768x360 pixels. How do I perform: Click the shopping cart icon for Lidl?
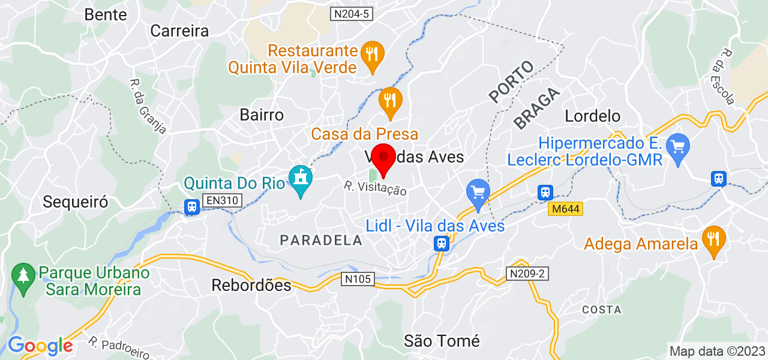(x=478, y=193)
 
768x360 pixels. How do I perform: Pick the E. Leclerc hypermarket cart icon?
(x=678, y=145)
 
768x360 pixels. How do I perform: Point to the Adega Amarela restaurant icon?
(x=713, y=238)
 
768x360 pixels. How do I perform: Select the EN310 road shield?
(x=221, y=201)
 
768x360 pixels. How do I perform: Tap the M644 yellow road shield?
(x=565, y=209)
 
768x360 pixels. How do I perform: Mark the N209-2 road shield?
(x=526, y=274)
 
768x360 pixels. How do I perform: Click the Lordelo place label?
(x=593, y=115)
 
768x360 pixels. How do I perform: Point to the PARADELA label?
(x=321, y=240)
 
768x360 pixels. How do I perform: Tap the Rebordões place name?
(x=251, y=285)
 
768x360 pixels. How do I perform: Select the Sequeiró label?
(x=76, y=202)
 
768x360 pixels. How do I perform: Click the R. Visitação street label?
(x=376, y=188)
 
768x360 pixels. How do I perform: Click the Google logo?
(x=40, y=346)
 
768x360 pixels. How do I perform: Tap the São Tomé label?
(x=442, y=341)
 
